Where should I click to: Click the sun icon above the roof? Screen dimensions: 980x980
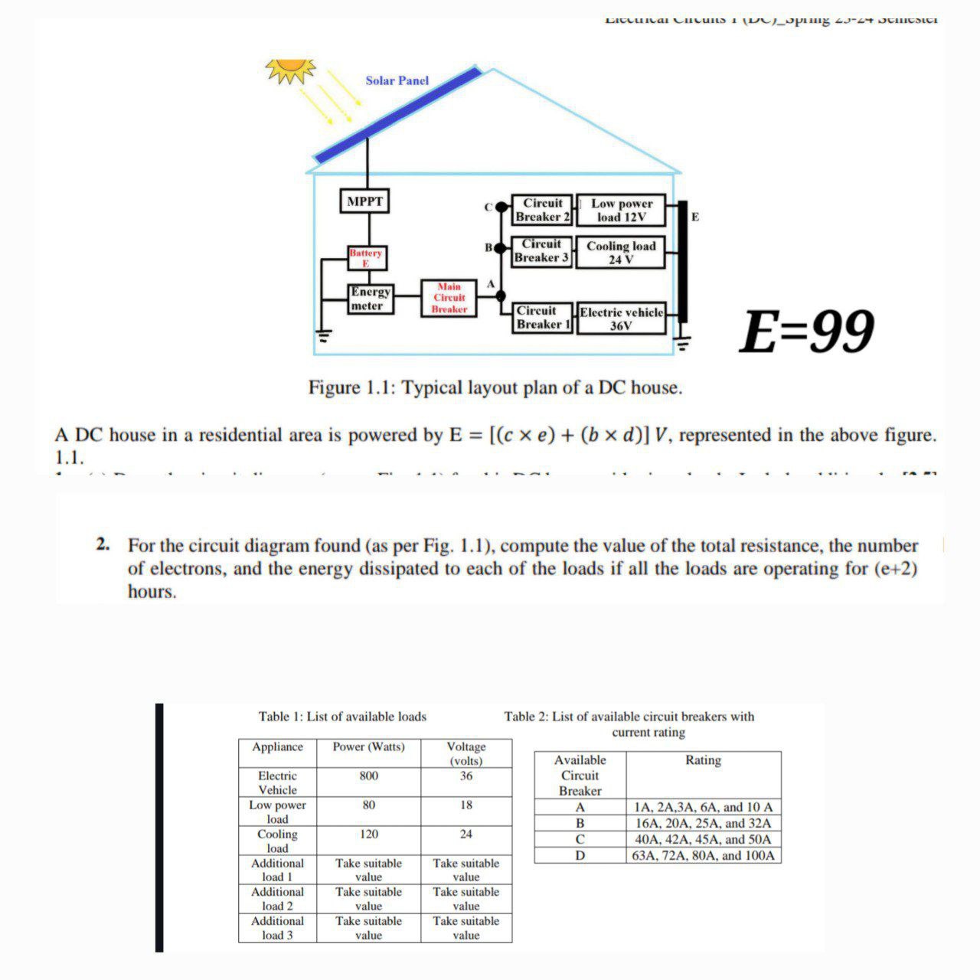click(x=290, y=70)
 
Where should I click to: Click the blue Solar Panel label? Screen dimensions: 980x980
click(x=397, y=80)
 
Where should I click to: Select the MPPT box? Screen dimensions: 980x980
click(x=364, y=201)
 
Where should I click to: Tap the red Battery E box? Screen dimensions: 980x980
click(x=366, y=258)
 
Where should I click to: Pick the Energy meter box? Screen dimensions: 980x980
click(x=370, y=299)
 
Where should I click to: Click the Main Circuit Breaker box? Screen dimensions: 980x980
click(x=449, y=298)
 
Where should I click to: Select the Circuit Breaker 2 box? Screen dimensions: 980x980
click(x=542, y=210)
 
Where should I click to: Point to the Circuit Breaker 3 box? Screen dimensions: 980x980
click(x=541, y=250)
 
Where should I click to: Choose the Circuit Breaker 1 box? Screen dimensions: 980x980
click(x=543, y=318)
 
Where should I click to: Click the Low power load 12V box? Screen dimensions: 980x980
click(x=621, y=211)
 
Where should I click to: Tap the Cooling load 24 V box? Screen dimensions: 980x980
click(x=621, y=252)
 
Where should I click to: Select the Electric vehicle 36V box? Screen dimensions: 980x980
click(x=621, y=318)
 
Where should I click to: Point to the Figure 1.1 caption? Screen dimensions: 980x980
click(x=495, y=387)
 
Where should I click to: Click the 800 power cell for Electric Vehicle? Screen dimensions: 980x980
click(x=368, y=776)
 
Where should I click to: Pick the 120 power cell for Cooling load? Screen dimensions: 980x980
click(x=368, y=834)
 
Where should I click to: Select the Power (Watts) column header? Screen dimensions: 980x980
click(x=368, y=746)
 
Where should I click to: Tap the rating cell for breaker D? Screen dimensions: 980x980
click(x=703, y=855)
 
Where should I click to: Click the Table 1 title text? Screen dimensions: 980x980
click(x=342, y=717)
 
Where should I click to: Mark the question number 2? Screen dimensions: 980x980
click(x=103, y=545)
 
